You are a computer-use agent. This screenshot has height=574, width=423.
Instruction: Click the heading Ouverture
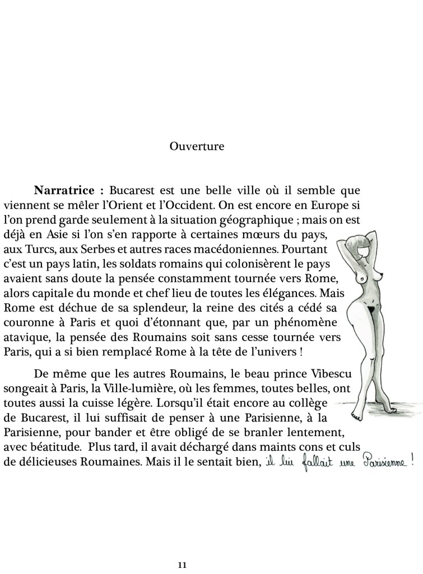(x=197, y=147)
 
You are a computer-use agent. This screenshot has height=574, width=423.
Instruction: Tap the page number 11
(x=182, y=564)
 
